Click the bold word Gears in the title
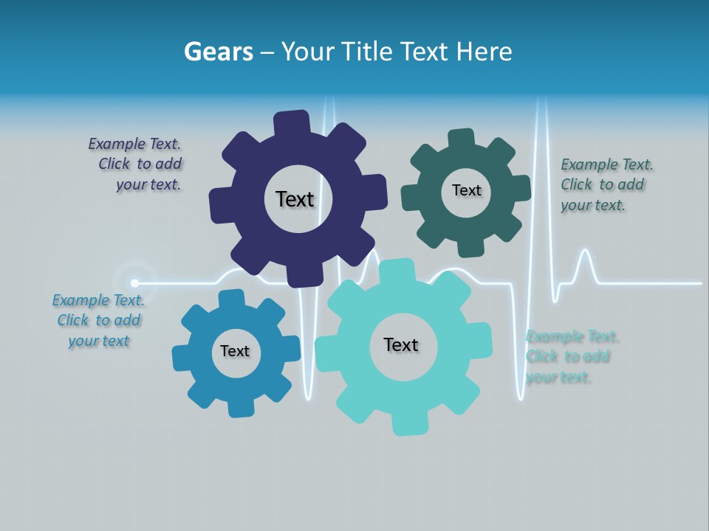[218, 52]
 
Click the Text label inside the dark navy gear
[295, 199]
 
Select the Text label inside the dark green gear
[466, 190]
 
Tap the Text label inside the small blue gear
[234, 351]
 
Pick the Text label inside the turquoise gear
[401, 344]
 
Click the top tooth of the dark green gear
[462, 138]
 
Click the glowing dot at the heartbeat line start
[134, 282]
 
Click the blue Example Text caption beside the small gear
[98, 320]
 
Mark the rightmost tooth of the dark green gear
[521, 189]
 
